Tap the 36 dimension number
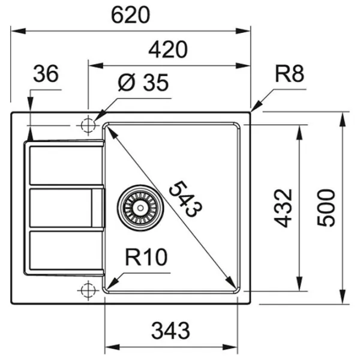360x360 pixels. coord(46,74)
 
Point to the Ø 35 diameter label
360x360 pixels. coord(143,83)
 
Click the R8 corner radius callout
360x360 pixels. coord(290,75)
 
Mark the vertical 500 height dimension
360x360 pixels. coord(325,207)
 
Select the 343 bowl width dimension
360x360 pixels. coord(170,329)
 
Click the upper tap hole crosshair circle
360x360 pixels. coord(88,125)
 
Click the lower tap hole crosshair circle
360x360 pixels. coord(88,290)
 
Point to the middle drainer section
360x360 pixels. coord(60,208)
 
